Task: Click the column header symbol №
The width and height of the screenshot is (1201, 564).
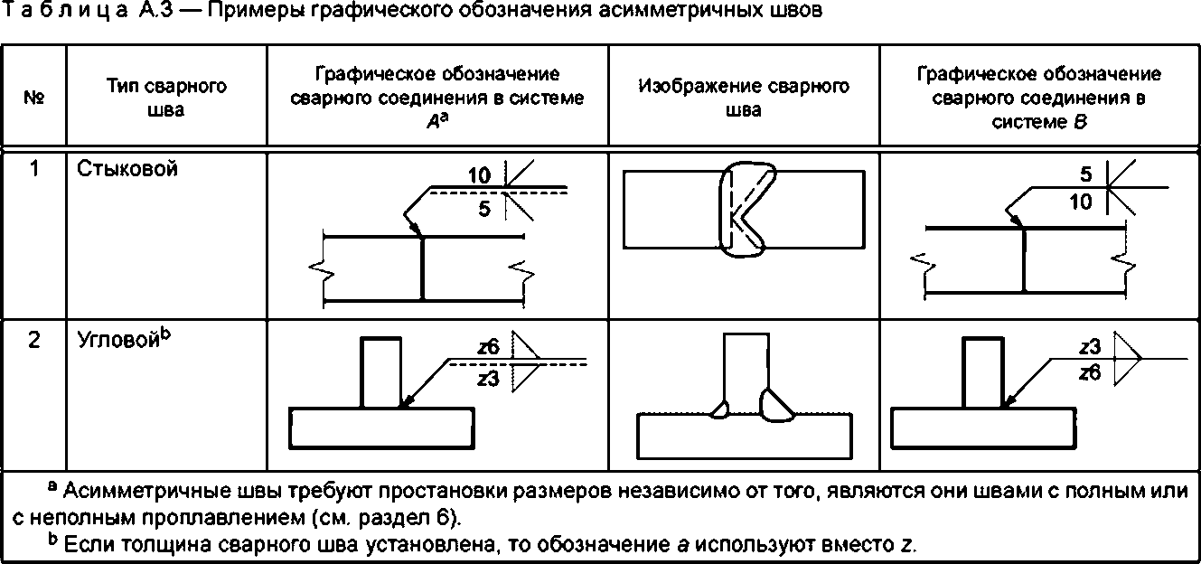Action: [x=34, y=98]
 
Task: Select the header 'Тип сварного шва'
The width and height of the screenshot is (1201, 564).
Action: [x=165, y=98]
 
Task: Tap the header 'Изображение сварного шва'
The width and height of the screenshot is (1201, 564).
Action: [x=743, y=98]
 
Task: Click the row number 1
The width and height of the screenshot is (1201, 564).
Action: [x=34, y=169]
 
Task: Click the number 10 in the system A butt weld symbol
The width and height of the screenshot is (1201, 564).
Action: [x=480, y=175]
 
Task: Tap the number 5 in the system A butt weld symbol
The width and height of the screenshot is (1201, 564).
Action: [x=484, y=209]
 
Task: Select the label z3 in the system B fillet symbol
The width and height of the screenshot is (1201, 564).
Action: [x=1090, y=347]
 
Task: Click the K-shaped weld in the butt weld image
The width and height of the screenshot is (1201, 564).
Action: [x=744, y=212]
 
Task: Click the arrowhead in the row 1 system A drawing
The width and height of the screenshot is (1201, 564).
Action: [x=415, y=228]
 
